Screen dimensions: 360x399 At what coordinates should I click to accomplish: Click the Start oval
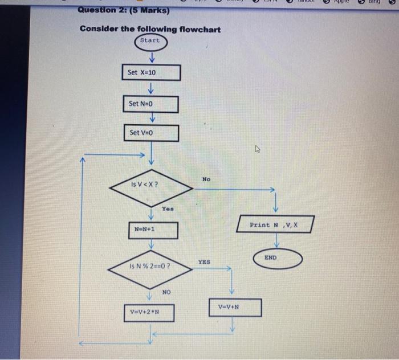tap(150, 41)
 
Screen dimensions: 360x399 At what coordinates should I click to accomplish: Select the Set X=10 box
tap(152, 73)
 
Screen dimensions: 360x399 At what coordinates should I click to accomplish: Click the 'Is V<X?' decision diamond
tap(151, 185)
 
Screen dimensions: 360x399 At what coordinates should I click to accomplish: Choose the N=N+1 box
tap(151, 230)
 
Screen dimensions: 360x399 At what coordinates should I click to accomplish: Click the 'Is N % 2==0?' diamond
tap(151, 266)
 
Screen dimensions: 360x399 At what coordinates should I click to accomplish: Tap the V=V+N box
tap(234, 307)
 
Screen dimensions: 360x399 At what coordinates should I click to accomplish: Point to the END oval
tap(270, 257)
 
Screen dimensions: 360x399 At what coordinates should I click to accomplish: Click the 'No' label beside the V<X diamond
tap(206, 179)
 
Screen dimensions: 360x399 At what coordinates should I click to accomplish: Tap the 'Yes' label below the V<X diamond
tap(167, 209)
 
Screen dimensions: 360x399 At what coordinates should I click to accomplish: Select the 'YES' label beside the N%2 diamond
tap(204, 262)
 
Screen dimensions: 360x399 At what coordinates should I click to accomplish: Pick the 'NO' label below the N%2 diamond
tap(166, 292)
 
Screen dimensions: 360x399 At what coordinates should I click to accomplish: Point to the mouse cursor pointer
tap(257, 150)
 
